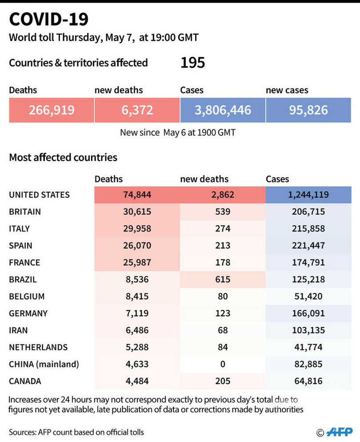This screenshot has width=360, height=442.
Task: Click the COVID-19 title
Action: tap(49, 19)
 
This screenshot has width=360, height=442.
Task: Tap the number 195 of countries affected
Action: tap(192, 63)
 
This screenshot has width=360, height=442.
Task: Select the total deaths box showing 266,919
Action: tap(52, 110)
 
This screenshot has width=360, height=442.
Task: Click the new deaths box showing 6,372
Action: tap(137, 110)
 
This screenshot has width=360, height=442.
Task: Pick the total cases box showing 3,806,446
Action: tap(223, 110)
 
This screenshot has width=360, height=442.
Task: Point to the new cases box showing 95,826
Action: tap(308, 110)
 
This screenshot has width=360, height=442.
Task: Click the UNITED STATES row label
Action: tap(39, 195)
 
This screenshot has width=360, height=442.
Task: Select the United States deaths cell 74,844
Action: tap(136, 195)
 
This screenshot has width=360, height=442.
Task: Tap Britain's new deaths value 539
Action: tap(222, 212)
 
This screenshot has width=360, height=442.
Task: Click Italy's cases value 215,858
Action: tap(308, 229)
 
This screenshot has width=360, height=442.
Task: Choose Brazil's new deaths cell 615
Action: tap(222, 279)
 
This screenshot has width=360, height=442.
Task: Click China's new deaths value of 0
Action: tap(222, 364)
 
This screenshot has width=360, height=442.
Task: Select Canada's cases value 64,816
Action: tap(308, 381)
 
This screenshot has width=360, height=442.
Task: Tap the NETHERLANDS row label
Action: tap(38, 347)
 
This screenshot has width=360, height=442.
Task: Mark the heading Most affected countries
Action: tap(63, 157)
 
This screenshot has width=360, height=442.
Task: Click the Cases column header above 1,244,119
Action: tap(277, 179)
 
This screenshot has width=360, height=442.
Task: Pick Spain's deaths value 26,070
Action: tap(136, 245)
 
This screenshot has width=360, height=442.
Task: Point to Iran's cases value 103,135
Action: tap(308, 330)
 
